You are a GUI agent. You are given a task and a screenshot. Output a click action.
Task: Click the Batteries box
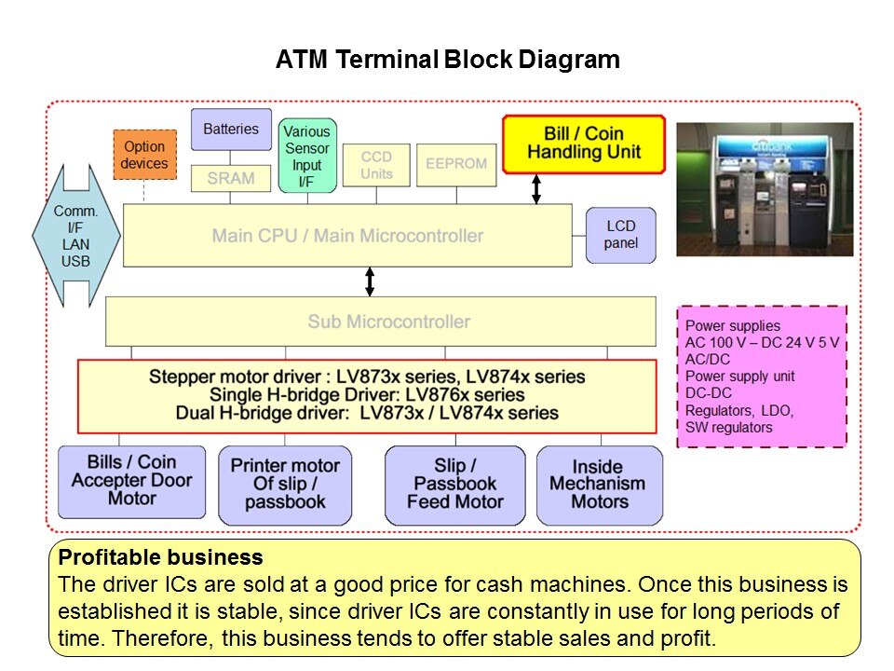click(x=231, y=129)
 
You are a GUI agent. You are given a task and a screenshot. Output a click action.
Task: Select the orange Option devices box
click(x=144, y=155)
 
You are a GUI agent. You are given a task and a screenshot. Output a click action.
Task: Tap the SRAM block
click(x=231, y=178)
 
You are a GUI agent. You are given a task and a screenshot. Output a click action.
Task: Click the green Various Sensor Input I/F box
click(x=306, y=156)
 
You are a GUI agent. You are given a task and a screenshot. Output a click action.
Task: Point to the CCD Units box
click(x=376, y=164)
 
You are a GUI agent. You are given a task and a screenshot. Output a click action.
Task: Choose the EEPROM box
click(x=455, y=164)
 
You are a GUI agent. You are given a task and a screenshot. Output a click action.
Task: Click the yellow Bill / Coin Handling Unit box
click(x=584, y=144)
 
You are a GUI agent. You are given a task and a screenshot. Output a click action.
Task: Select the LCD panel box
click(x=621, y=235)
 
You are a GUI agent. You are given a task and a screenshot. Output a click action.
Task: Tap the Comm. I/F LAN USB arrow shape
click(x=76, y=236)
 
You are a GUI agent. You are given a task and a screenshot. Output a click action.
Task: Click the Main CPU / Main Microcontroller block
click(x=347, y=236)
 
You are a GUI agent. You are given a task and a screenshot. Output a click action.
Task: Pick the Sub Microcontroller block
click(x=389, y=322)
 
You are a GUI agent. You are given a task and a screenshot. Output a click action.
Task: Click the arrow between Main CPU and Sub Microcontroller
click(x=370, y=281)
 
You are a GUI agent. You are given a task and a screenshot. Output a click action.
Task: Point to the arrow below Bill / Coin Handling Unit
click(x=536, y=188)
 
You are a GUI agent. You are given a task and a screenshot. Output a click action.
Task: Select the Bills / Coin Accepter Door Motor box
click(x=131, y=481)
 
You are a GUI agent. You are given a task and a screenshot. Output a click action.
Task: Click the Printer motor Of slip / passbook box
click(x=285, y=484)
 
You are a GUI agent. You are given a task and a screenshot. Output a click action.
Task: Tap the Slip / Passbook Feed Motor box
click(x=455, y=484)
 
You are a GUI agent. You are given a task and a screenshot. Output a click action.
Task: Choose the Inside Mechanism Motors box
click(x=600, y=484)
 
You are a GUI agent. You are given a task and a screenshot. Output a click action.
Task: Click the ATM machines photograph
click(x=764, y=189)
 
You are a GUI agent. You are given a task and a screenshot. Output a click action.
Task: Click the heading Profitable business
click(x=160, y=558)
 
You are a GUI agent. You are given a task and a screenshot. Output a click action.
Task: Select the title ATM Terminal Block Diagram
click(x=447, y=61)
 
